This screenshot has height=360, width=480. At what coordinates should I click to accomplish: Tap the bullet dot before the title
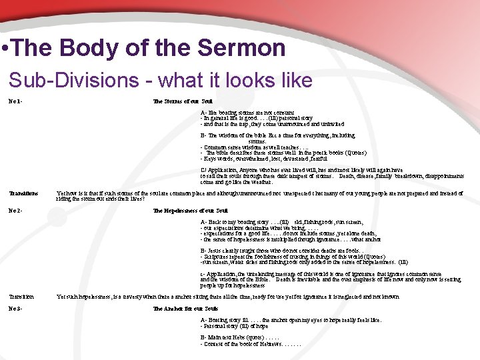(5, 49)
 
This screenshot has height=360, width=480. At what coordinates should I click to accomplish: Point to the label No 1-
(15, 101)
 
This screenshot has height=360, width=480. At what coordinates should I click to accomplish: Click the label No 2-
(15, 211)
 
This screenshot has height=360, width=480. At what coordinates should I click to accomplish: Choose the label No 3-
(15, 309)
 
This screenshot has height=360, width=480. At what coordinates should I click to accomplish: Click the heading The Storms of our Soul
(182, 101)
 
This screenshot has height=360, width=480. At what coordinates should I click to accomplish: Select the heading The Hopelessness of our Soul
(191, 211)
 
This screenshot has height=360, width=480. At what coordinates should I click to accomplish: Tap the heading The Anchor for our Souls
(186, 309)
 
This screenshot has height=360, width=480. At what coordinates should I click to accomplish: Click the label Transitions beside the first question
(23, 193)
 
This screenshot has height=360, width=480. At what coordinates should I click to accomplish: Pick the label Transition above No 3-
(21, 297)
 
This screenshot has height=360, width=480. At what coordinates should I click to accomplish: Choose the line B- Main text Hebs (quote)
(249, 337)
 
